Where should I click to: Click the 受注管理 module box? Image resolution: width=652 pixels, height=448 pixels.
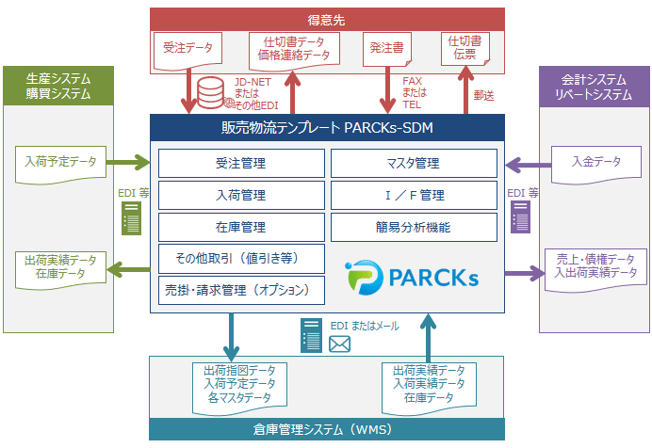(x=240, y=164)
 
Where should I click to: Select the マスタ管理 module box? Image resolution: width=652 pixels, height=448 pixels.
(x=413, y=164)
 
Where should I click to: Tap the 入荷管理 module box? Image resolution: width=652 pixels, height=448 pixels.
(x=240, y=196)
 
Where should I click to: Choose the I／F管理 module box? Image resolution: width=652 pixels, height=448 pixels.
(x=413, y=196)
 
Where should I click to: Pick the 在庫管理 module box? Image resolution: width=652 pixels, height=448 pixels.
(x=240, y=227)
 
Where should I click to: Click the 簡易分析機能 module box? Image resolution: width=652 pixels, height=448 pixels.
(x=413, y=227)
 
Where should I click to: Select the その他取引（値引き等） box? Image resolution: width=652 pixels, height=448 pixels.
(x=240, y=258)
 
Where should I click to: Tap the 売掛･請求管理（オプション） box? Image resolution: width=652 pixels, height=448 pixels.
(x=240, y=290)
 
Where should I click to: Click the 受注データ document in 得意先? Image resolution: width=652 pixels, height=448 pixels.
(x=187, y=47)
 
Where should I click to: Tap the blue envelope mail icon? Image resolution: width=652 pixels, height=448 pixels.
(x=339, y=345)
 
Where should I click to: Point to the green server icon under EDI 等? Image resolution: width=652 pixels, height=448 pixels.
(x=133, y=220)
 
